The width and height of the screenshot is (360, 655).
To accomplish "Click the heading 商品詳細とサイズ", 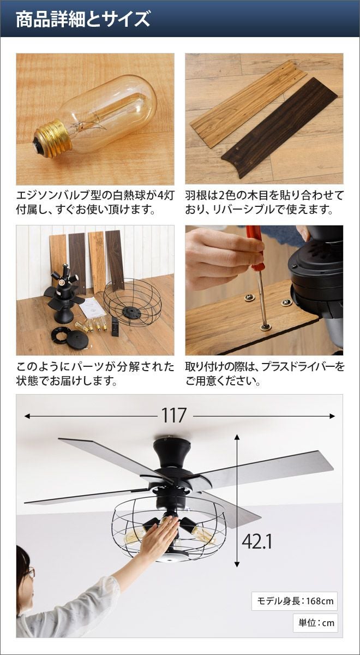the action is [x=83, y=19].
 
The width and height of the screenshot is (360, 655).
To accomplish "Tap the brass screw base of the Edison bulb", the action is [x=52, y=141].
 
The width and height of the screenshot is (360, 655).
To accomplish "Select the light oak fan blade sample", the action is [x=248, y=103].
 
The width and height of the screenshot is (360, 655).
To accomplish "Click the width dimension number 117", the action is [x=174, y=415].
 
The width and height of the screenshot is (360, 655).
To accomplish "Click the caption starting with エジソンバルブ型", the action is [x=95, y=203].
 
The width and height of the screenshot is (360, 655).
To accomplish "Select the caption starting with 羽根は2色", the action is [x=264, y=203].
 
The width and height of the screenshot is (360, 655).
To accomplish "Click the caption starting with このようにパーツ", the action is [x=95, y=374].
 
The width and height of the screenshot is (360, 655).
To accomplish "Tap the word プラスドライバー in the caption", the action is [x=298, y=367].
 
